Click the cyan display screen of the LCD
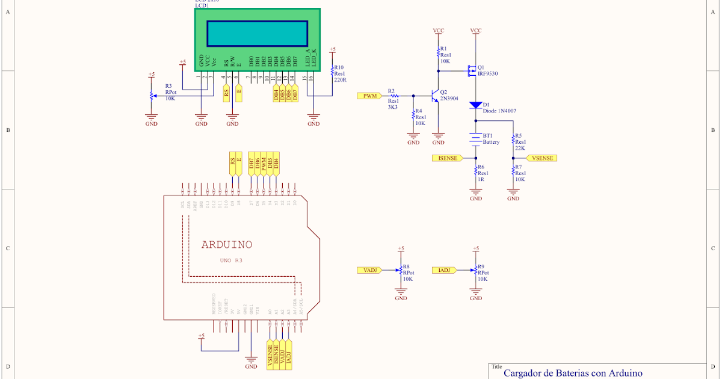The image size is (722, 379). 257,33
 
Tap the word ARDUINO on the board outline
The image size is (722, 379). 227,245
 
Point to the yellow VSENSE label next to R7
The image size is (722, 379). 541,158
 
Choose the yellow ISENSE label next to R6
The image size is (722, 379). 448,158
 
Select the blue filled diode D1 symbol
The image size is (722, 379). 476,106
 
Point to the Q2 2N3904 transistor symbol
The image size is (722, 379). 436,96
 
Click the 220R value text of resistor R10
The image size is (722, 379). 340,79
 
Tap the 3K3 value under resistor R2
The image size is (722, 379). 393,106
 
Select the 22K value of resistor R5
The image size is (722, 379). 520,148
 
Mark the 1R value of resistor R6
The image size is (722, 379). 481,179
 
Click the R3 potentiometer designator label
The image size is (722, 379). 168,86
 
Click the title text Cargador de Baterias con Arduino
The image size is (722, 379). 573,373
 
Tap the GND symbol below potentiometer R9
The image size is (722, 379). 476,296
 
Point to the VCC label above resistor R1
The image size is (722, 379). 439,30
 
